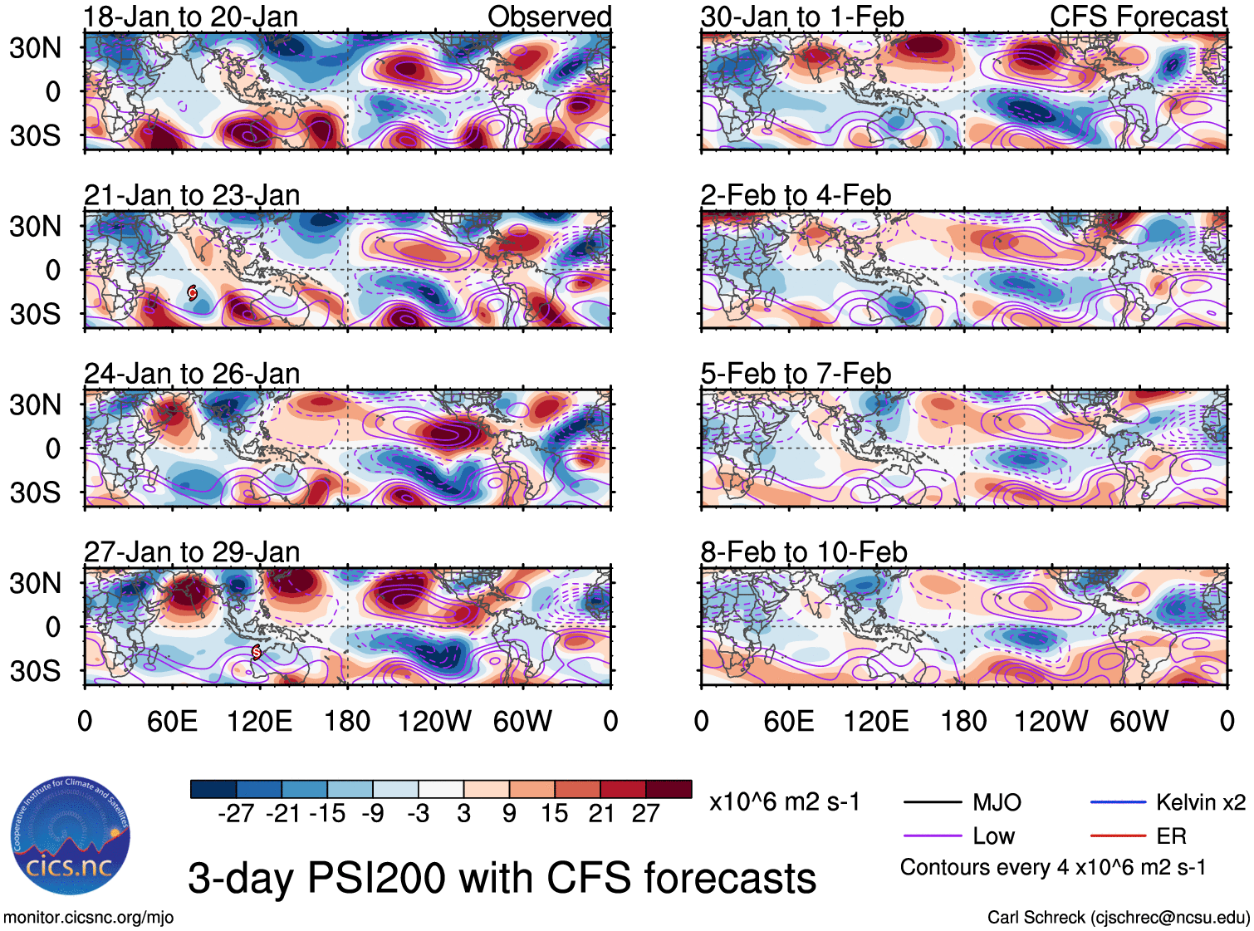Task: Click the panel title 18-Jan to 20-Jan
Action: (191, 17)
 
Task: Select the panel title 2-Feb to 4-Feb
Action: (796, 195)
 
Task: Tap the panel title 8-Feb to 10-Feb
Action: (804, 551)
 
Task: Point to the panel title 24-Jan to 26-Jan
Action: (192, 374)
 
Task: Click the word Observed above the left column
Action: (549, 17)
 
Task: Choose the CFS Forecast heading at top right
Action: (1138, 17)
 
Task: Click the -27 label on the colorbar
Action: (236, 813)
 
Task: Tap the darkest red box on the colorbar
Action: (669, 789)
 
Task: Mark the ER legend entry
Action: (1171, 836)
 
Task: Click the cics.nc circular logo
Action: (71, 836)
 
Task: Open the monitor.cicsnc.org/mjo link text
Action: (89, 918)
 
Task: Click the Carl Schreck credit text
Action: (1118, 918)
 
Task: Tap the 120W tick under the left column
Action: (434, 721)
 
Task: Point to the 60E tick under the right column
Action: (789, 721)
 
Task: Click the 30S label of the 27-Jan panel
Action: (36, 670)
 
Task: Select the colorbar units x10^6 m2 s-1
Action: (785, 802)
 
